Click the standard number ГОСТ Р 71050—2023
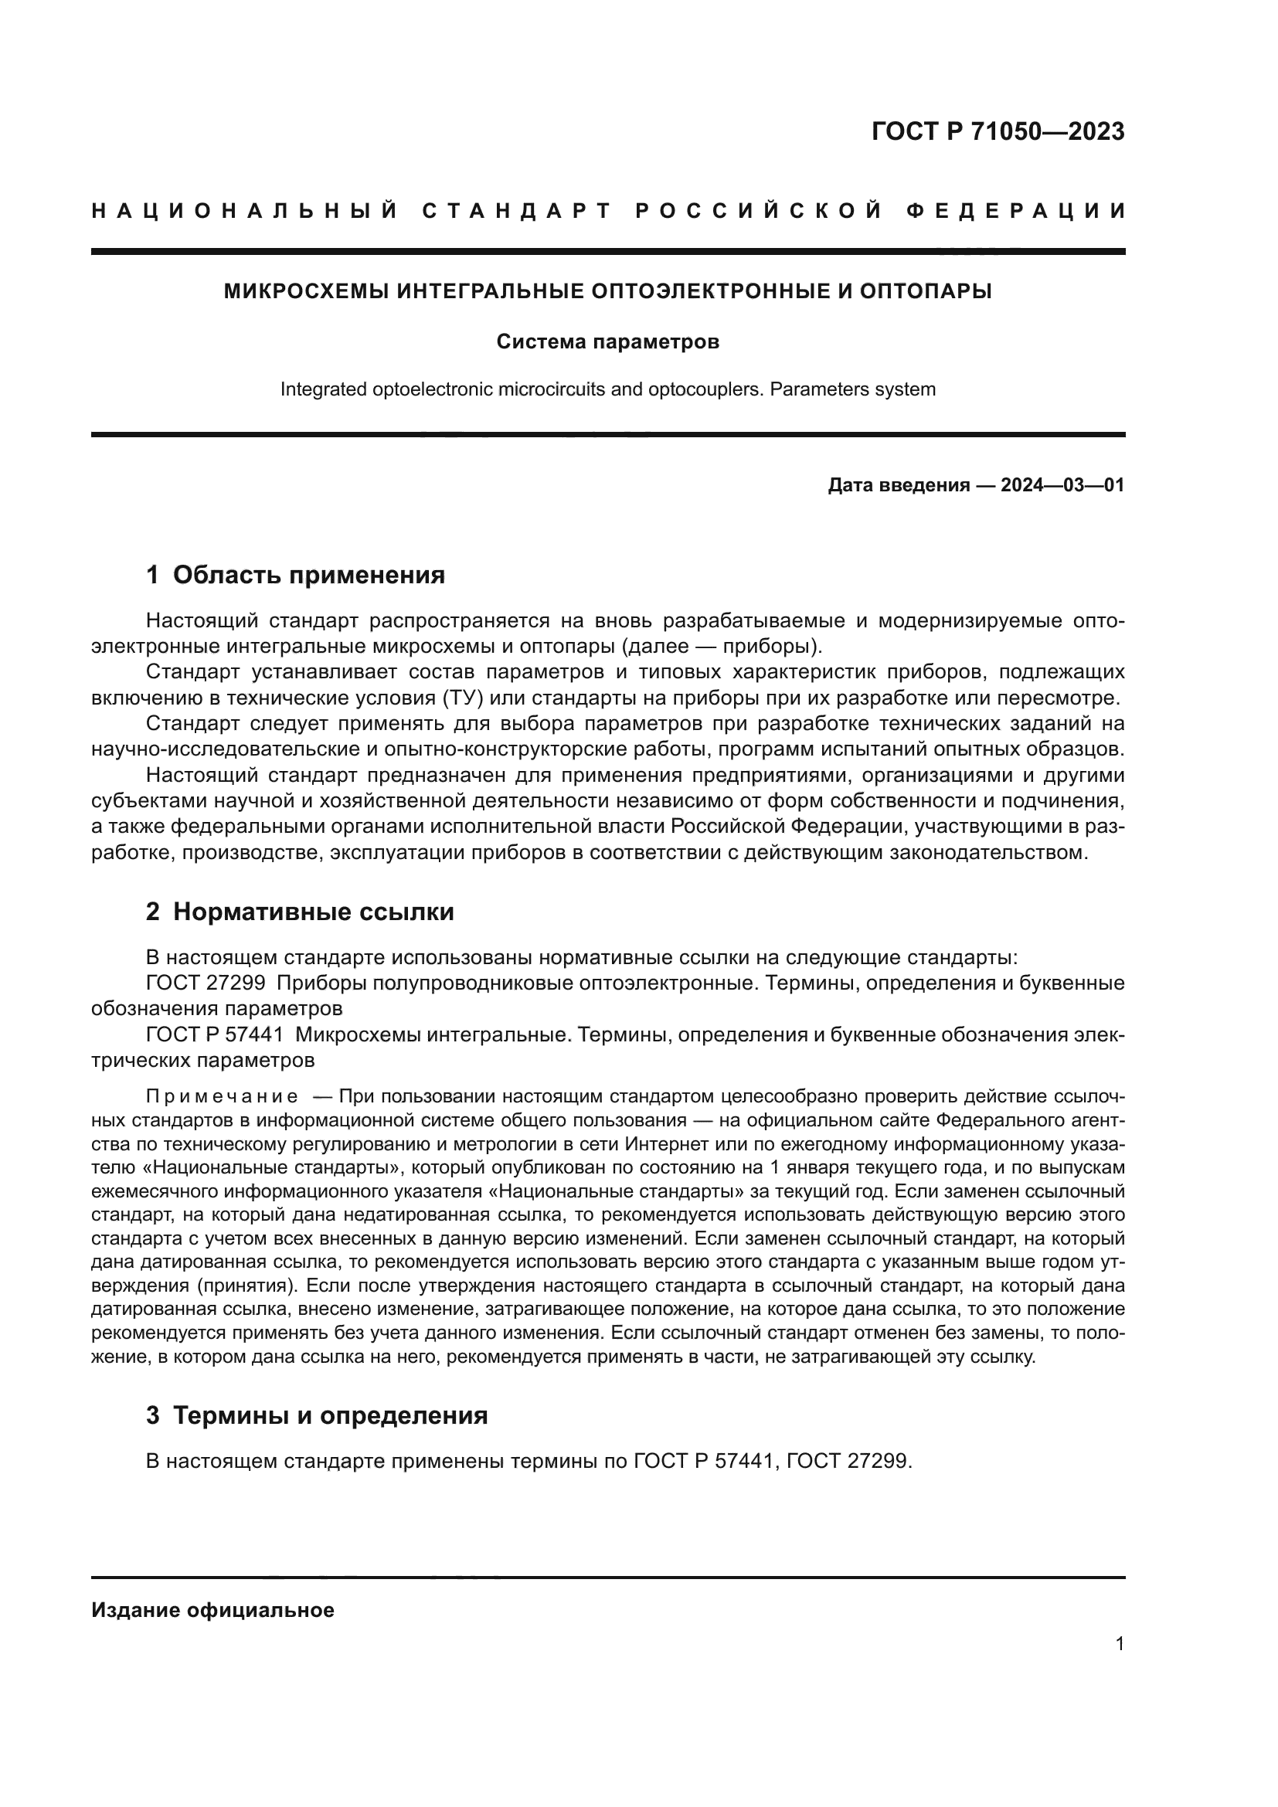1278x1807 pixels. point(997,131)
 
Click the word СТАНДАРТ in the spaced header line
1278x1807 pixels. point(517,211)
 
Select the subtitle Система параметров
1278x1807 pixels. point(607,342)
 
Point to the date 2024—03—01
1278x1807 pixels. point(1062,485)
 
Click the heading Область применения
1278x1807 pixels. point(308,576)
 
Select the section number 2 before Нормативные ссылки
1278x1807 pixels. point(153,912)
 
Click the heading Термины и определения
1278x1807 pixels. point(330,1416)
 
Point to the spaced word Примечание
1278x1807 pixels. point(222,1097)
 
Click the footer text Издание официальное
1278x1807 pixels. point(212,1610)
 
